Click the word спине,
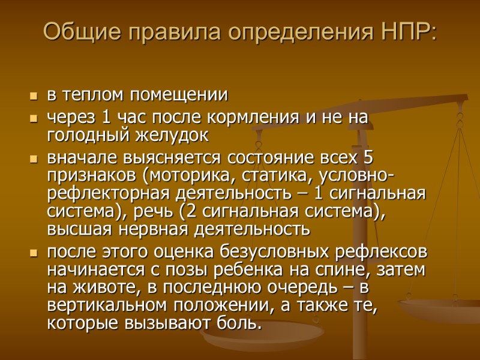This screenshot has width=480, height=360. (x=343, y=269)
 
